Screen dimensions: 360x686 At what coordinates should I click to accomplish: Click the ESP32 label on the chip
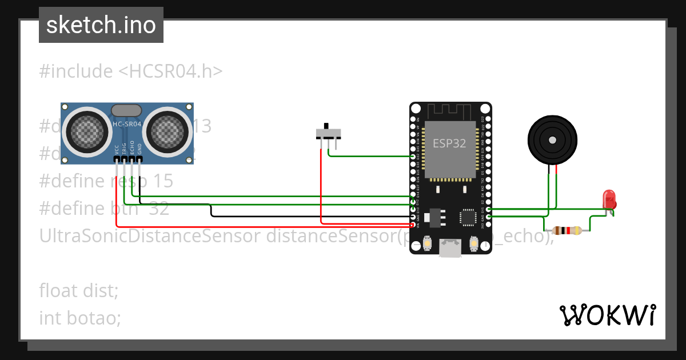[x=450, y=143]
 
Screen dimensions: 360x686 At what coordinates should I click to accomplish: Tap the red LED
[x=609, y=199]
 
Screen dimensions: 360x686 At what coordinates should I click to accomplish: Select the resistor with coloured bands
[x=567, y=231]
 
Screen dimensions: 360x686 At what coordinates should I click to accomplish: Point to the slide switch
[x=329, y=133]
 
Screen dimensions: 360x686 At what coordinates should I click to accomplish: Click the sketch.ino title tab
[x=101, y=25]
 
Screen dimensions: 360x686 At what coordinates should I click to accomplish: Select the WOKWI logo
[x=607, y=315]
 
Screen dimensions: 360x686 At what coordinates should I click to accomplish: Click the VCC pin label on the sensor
[x=117, y=150]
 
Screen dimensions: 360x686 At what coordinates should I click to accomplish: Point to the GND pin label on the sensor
[x=139, y=150]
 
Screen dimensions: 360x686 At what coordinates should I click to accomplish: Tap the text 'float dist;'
[x=79, y=290]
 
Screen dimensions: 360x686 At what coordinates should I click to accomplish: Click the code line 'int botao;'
[x=80, y=318]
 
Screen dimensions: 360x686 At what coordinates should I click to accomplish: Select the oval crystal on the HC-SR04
[x=126, y=110]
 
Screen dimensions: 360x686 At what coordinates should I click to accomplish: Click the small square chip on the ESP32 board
[x=468, y=217]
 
